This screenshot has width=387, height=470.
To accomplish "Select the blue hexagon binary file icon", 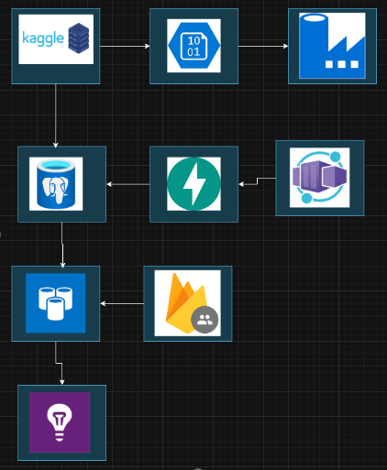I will coord(193,46).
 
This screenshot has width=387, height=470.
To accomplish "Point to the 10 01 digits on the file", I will coord(193,46).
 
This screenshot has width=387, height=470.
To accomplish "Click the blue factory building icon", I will coord(332,46).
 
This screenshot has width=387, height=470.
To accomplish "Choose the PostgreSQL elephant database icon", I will coord(61,184).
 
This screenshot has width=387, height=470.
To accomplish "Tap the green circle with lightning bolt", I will coord(193,184).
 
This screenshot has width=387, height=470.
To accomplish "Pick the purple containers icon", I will coord(319,177).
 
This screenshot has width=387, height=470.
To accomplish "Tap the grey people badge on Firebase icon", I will coord(204,320).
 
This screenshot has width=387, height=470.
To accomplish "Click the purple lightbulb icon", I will coord(60,421).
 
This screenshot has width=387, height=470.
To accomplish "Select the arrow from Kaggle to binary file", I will coord(125,45).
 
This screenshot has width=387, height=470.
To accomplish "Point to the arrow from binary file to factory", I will coord(262,45).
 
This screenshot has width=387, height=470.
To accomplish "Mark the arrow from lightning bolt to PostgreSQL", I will coord(128,184).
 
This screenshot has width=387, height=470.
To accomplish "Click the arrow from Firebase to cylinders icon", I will coord(121,302).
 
